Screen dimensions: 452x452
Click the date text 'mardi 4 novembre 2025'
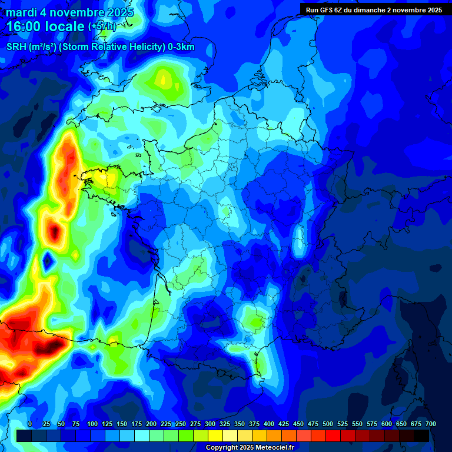click(x=69, y=12)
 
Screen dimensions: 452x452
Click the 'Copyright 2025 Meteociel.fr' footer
click(x=250, y=447)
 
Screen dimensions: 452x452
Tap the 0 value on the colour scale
click(x=30, y=424)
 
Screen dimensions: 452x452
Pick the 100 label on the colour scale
click(x=92, y=424)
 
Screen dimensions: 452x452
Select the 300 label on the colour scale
click(x=210, y=424)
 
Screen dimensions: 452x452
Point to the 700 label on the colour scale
click(x=430, y=424)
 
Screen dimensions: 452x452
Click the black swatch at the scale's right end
click(x=421, y=436)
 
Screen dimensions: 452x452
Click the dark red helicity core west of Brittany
click(x=55, y=232)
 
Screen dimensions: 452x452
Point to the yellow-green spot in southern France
click(x=255, y=321)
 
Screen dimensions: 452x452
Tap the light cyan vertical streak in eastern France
click(x=299, y=238)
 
